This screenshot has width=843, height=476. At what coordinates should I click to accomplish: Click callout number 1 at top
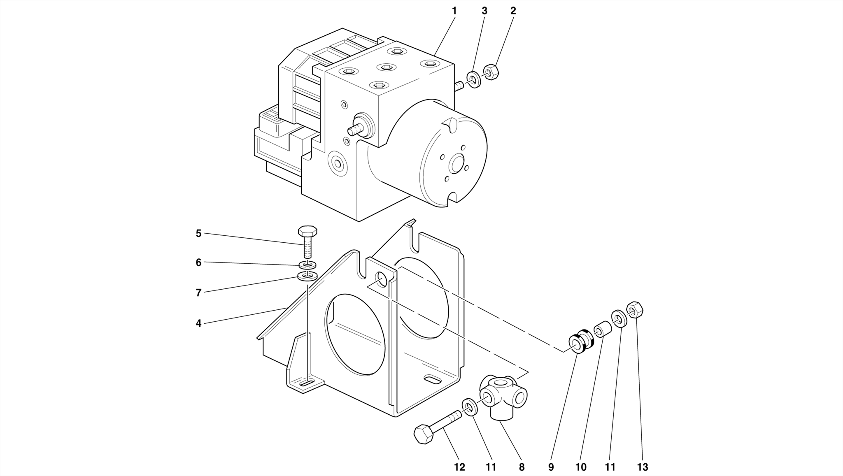[x=454, y=11]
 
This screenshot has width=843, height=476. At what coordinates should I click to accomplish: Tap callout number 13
[x=642, y=467]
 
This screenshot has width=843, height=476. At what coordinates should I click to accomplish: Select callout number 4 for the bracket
[x=198, y=323]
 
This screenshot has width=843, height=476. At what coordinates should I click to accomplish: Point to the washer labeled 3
[x=474, y=79]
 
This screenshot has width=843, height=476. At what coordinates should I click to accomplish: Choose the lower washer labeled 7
[x=307, y=276]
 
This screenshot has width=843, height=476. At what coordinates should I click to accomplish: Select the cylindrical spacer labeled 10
[x=602, y=330]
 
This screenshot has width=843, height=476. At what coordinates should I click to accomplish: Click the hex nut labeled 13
[x=635, y=309]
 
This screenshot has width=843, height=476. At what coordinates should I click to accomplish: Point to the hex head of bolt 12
[x=423, y=434]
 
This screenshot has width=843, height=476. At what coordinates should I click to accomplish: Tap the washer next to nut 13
[x=619, y=318]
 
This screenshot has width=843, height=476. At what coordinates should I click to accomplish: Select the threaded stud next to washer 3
[x=459, y=86]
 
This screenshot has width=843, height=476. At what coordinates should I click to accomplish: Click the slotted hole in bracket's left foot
[x=307, y=383]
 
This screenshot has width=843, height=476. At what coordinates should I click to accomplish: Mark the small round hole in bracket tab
[x=382, y=279]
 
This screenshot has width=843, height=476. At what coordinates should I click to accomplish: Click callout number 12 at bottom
[x=459, y=467]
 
